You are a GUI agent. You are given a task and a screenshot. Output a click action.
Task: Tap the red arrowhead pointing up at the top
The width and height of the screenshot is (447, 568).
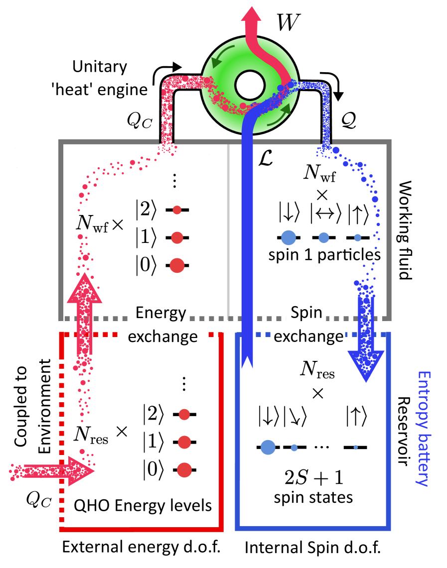pos(251,15)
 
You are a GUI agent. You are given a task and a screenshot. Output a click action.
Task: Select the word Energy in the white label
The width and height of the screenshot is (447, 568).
pos(161,313)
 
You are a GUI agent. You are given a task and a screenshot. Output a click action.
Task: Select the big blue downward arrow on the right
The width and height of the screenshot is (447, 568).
pos(366,348)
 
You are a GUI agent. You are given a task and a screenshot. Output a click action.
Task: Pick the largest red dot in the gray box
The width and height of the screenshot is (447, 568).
pos(177,266)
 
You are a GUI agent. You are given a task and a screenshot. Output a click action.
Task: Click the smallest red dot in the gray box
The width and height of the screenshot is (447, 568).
pos(177,210)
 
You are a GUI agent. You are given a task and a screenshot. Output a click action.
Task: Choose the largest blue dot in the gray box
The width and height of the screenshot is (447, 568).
pos(289,237)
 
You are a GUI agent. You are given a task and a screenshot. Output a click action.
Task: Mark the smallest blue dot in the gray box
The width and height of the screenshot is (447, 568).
pos(357,237)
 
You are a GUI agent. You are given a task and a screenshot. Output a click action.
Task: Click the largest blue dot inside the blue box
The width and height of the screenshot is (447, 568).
pos(268,448)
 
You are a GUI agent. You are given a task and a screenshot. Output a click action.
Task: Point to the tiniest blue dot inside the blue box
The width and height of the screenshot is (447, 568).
pos(356,447)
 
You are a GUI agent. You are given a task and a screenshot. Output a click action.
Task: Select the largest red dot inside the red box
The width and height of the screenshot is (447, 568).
pos(184,470)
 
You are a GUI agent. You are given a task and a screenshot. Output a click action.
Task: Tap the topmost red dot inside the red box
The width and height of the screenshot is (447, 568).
pos(184,414)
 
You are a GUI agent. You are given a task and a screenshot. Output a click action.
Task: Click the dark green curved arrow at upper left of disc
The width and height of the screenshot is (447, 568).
pos(215,62)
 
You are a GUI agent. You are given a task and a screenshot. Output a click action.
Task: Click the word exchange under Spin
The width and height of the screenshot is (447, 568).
pos(309,337)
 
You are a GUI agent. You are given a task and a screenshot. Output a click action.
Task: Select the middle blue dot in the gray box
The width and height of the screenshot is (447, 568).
pos(324,237)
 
